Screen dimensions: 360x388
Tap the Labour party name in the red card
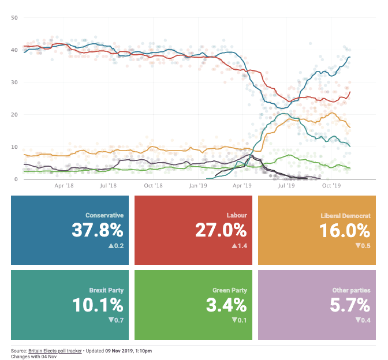tap(237, 215)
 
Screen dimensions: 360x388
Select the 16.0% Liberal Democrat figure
tap(345, 230)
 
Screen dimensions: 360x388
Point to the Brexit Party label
tap(107, 290)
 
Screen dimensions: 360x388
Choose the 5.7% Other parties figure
tap(349, 305)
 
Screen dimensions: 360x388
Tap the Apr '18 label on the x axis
tap(64, 186)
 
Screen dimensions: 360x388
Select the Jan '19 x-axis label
tap(197, 186)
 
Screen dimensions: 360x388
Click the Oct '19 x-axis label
tap(331, 186)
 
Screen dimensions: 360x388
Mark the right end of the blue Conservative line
tap(349, 57)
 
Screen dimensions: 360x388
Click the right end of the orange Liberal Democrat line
tap(349, 127)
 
